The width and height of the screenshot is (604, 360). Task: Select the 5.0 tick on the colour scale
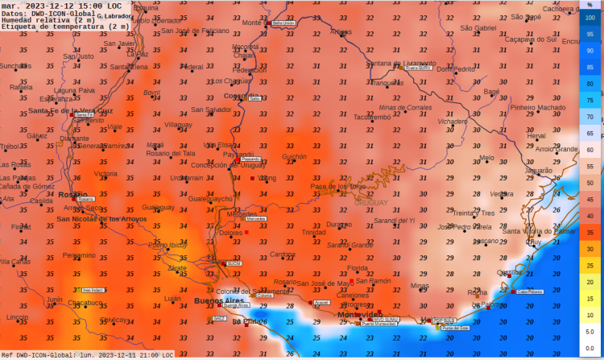[x=590, y=330]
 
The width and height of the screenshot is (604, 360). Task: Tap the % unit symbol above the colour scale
[x=590, y=4]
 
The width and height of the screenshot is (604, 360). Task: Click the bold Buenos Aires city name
[x=218, y=300]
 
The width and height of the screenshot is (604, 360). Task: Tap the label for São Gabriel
[x=478, y=28]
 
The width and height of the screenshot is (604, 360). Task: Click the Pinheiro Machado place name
[x=538, y=107]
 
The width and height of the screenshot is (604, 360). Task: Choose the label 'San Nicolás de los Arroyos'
[x=101, y=219]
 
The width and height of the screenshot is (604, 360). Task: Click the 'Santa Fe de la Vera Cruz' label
[x=72, y=110]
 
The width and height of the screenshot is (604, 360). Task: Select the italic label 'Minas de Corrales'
[x=405, y=107]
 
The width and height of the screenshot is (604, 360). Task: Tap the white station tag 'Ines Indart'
[x=93, y=290]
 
